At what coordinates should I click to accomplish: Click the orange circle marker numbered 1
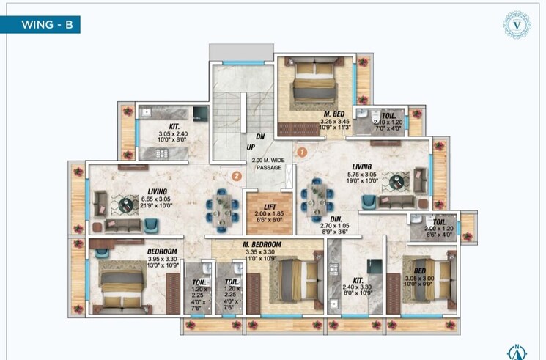click(301, 152)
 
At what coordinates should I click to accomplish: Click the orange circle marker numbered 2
click(236, 175)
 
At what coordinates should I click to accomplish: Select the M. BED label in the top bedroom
click(334, 114)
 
